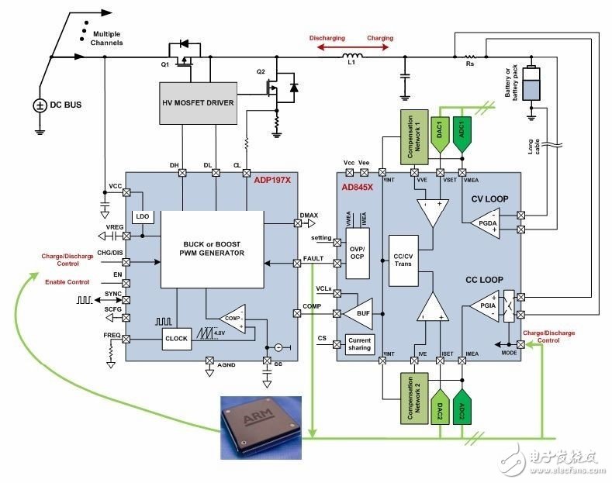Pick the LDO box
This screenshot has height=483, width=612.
[142, 216]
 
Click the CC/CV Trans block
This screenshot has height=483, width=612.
[403, 259]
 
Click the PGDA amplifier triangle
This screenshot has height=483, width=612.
[483, 222]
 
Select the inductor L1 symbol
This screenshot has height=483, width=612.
[358, 55]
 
